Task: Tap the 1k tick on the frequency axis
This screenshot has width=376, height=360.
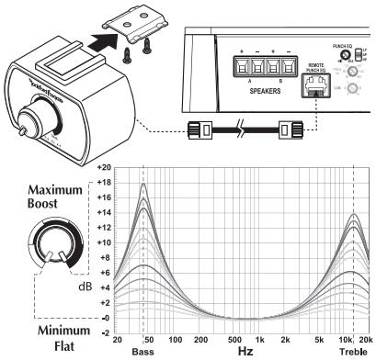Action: pos(260,339)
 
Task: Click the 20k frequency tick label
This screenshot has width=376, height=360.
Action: pos(365,339)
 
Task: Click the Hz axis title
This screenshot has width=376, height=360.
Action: pos(242,351)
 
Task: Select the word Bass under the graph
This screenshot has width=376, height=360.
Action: pos(143,351)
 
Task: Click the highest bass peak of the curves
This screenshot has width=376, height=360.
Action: pos(143,184)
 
